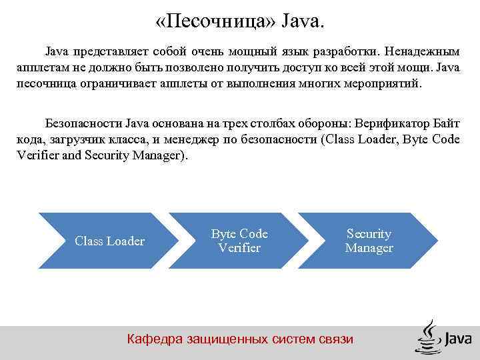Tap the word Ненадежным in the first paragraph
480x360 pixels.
(426, 51)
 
